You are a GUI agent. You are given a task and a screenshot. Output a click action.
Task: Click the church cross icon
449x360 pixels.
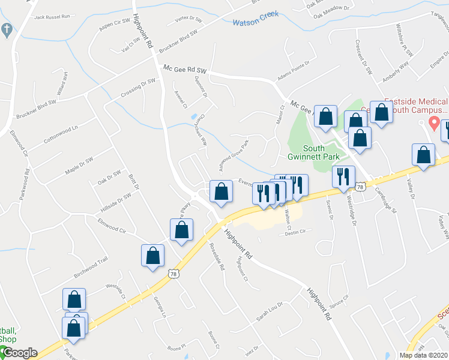pos(7,29)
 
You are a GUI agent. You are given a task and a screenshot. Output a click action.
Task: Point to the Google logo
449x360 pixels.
pos(19,353)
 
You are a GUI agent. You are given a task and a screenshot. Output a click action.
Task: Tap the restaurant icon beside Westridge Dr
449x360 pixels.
pos(343,177)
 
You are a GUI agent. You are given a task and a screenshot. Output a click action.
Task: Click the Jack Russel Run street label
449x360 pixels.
pos(52,17)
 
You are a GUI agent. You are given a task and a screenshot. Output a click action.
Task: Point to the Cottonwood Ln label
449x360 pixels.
pos(61,136)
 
